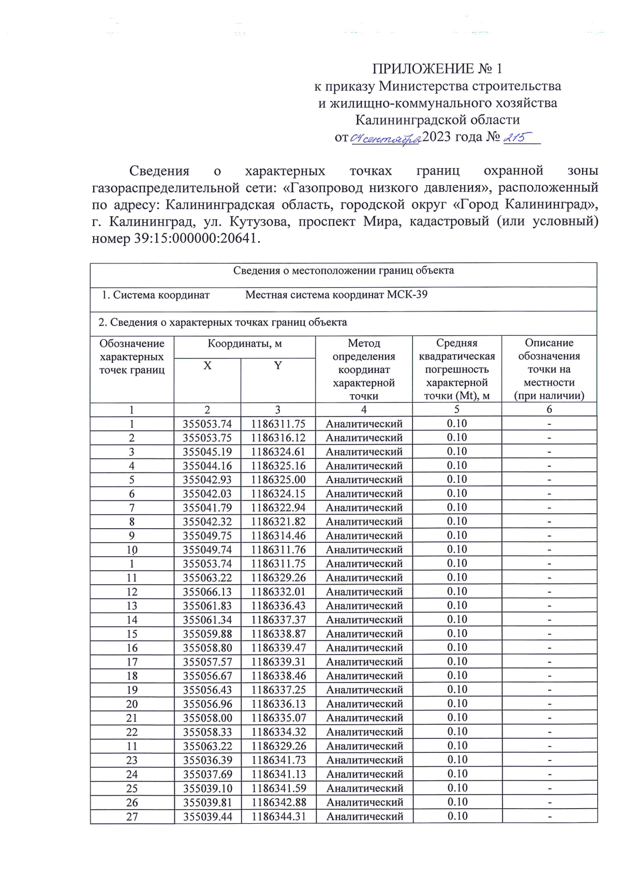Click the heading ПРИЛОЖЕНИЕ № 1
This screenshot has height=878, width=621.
pyautogui.click(x=437, y=68)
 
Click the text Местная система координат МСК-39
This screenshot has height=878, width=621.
pyautogui.click(x=336, y=295)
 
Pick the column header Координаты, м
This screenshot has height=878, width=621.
pyautogui.click(x=244, y=344)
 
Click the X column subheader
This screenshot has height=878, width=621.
pyautogui.click(x=207, y=366)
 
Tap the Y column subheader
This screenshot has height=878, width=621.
pyautogui.click(x=278, y=366)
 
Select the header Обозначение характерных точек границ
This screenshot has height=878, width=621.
pyautogui.click(x=132, y=356)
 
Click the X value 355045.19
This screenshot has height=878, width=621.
pyautogui.click(x=207, y=452)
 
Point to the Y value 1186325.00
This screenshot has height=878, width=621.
pyautogui.click(x=278, y=480)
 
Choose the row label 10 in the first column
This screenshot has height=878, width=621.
pyautogui.click(x=132, y=550)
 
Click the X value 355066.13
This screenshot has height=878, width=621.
pyautogui.click(x=207, y=592)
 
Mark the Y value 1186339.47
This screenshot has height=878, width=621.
pyautogui.click(x=278, y=648)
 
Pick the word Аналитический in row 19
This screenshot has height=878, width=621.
pyautogui.click(x=364, y=690)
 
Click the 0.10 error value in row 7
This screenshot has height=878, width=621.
pyautogui.click(x=456, y=508)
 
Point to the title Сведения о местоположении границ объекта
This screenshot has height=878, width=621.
pyautogui.click(x=343, y=271)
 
